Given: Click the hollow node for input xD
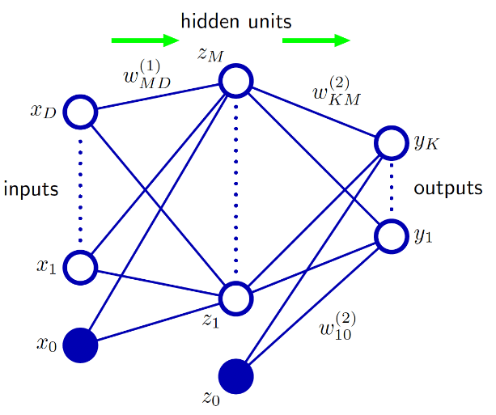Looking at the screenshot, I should tap(80, 112).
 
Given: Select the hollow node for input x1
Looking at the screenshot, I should tap(80, 265).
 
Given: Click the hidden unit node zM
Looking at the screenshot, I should tap(236, 80).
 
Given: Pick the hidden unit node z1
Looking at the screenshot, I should tap(236, 297).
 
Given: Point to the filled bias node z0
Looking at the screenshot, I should tap(236, 376).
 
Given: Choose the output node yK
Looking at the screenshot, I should tap(392, 143).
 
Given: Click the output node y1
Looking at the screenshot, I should tap(392, 235).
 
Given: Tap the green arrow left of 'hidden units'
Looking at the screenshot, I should tap(144, 40).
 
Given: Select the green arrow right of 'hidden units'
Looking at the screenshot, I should tap(316, 40).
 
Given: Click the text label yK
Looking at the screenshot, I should tap(426, 143).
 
